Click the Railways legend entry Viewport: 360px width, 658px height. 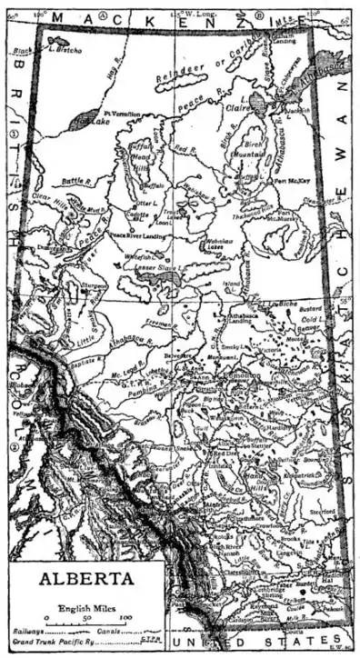pos(30,629)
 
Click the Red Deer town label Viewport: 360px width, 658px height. pos(225,452)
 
